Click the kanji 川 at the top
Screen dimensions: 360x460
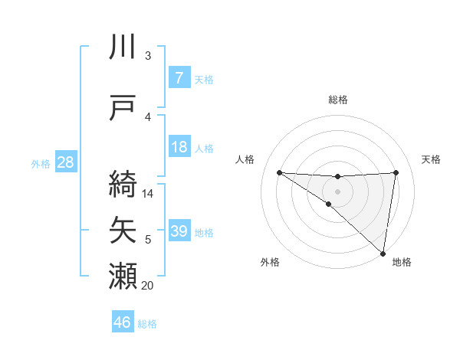click(x=123, y=47)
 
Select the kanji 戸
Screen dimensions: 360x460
click(x=123, y=109)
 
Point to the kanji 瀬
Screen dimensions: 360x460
click(x=123, y=276)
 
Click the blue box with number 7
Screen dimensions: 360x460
click(x=179, y=78)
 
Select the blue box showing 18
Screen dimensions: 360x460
click(x=179, y=147)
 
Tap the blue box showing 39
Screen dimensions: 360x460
click(x=179, y=231)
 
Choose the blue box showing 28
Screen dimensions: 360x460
click(x=65, y=162)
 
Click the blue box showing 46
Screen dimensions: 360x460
click(x=123, y=322)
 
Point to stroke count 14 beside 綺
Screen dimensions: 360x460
click(x=149, y=194)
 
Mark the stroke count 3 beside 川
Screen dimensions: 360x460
click(x=148, y=56)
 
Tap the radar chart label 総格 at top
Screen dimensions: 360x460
click(x=337, y=100)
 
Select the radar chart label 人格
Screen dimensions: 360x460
click(x=246, y=159)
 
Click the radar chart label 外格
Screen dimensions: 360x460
click(x=270, y=262)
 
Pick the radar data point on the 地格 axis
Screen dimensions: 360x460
click(x=383, y=253)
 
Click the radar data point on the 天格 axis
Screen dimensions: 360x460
click(x=396, y=172)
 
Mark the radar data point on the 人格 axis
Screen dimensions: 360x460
click(x=279, y=172)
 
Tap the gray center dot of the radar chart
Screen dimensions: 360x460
click(x=337, y=191)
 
